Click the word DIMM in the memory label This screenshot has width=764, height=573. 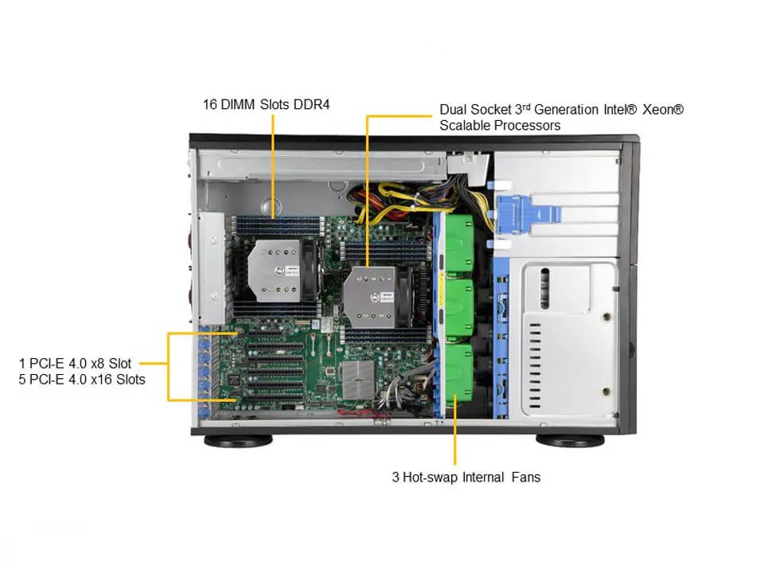(238, 103)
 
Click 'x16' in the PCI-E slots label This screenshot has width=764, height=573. (96, 380)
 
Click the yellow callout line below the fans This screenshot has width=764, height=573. (454, 442)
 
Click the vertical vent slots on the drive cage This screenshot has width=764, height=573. (545, 283)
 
